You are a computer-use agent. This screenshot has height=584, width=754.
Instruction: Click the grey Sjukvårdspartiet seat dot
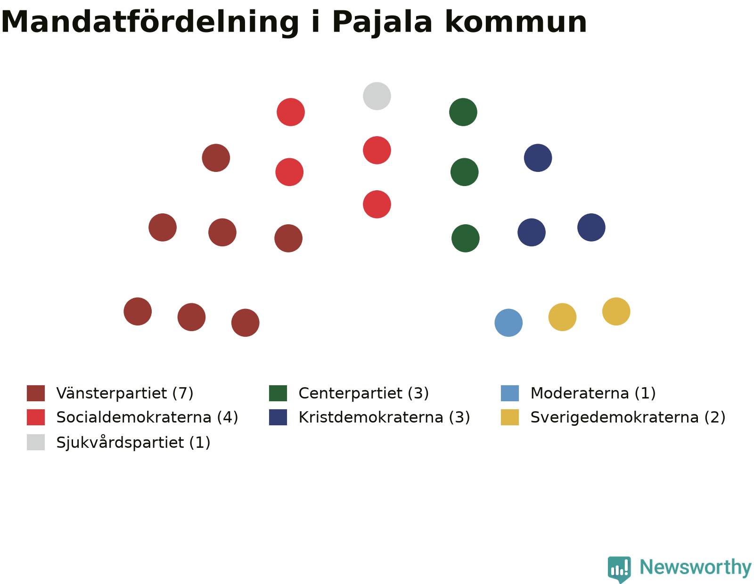pos(377,96)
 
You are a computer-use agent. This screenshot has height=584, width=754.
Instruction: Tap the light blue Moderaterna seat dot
pos(508,323)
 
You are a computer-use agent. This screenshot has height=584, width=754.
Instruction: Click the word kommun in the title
pos(516,22)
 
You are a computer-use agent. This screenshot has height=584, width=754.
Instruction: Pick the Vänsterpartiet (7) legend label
pos(124,393)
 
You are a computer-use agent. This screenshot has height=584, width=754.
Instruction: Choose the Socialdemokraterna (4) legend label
pos(147,417)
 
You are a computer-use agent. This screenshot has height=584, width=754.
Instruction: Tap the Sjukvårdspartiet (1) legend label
pos(133,442)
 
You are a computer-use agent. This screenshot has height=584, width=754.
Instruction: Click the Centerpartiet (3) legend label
pos(364,393)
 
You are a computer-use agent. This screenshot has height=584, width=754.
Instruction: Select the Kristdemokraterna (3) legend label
pos(384,417)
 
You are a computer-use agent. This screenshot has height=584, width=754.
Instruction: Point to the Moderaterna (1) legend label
pos(593,393)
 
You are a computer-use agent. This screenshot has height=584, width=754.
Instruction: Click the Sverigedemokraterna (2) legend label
pos(628,417)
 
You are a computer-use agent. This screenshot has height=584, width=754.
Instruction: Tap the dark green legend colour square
pos(278,393)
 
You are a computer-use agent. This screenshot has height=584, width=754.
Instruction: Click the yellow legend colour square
pos(510,417)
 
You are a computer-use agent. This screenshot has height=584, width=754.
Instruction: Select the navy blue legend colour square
pos(278,417)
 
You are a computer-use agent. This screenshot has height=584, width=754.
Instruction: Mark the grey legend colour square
pos(36,442)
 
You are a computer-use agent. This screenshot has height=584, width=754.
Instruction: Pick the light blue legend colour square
pos(510,393)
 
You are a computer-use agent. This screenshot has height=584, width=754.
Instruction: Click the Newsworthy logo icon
pos(619,569)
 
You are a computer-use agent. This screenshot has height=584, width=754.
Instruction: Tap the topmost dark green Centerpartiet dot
pos(463,112)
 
